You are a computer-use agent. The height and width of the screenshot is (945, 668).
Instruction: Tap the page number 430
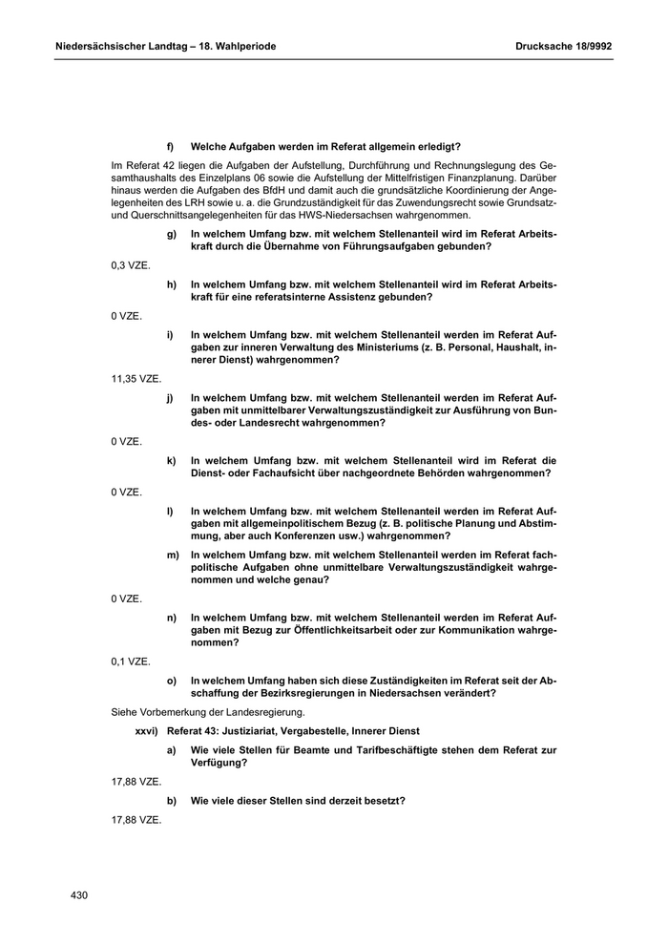(79, 895)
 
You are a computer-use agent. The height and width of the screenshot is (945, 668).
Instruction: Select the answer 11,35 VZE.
(136, 378)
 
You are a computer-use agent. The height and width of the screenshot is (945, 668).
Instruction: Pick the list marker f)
(171, 146)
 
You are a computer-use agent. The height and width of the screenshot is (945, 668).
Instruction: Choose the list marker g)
(171, 233)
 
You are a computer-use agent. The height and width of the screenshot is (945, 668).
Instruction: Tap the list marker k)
(171, 460)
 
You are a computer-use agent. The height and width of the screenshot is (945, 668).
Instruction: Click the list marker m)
(172, 554)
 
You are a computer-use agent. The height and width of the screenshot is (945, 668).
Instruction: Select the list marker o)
(171, 681)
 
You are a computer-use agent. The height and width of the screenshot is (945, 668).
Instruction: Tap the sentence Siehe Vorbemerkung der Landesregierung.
(208, 712)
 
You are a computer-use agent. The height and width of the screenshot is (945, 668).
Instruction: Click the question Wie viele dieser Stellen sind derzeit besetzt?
(298, 801)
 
